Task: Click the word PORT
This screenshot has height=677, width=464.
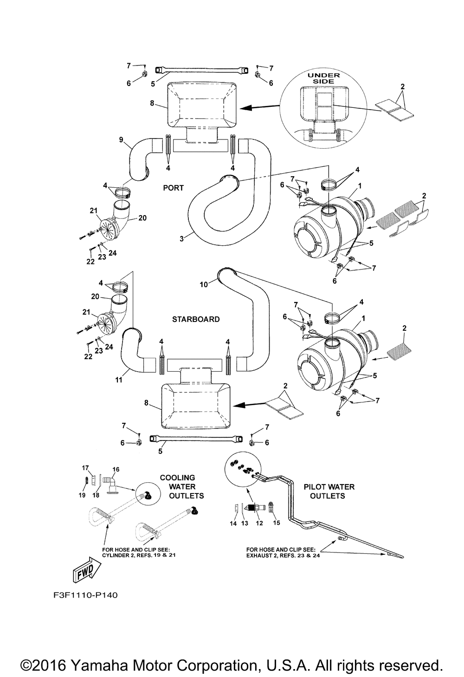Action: pyautogui.click(x=173, y=188)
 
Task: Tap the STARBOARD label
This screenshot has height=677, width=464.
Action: pyautogui.click(x=196, y=319)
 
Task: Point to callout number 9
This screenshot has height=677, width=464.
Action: pyautogui.click(x=121, y=139)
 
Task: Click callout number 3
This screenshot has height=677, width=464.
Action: pyautogui.click(x=182, y=238)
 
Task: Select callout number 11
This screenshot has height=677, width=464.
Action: pyautogui.click(x=119, y=380)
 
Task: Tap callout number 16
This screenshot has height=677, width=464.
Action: pyautogui.click(x=116, y=470)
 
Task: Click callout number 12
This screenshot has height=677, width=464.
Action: pyautogui.click(x=259, y=523)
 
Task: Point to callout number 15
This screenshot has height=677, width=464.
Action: pyautogui.click(x=277, y=523)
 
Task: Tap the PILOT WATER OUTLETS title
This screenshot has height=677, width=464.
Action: pyautogui.click(x=329, y=491)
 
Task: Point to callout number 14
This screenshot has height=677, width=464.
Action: pyautogui.click(x=233, y=523)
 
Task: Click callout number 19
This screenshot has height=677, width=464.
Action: pyautogui.click(x=82, y=495)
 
